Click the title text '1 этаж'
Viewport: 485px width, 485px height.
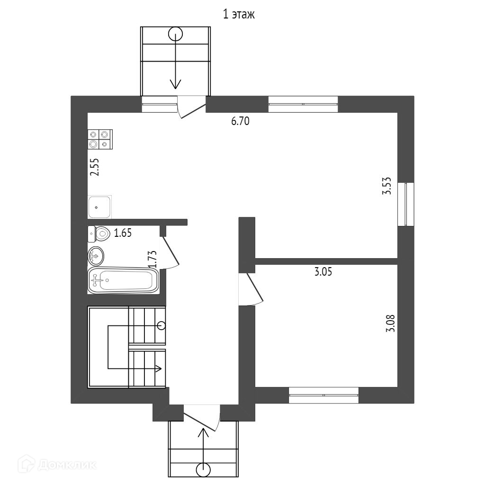coord(239,15)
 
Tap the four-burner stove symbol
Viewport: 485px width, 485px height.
coord(99,139)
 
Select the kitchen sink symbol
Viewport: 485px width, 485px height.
coord(99,207)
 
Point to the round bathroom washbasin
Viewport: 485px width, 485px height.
coord(96,256)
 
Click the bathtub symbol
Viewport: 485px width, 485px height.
coord(123,280)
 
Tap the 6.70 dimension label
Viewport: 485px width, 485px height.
coord(240,121)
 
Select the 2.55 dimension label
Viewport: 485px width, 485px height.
coord(95,167)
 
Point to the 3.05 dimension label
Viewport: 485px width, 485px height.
coord(323,272)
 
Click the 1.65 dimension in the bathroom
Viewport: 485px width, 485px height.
coord(123,233)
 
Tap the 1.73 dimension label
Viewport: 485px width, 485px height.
coord(153,260)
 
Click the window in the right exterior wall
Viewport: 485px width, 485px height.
coord(406,204)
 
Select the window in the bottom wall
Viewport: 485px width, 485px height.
coord(323,395)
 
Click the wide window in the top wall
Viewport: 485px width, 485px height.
coord(303,104)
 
